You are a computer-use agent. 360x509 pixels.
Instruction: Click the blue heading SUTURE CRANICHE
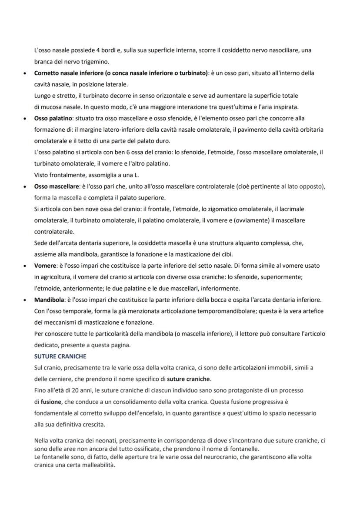click(60, 356)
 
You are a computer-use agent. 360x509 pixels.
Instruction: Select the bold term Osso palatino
click(53, 118)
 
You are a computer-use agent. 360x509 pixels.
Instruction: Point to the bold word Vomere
click(45, 266)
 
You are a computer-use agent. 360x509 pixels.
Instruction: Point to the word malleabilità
click(100, 465)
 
